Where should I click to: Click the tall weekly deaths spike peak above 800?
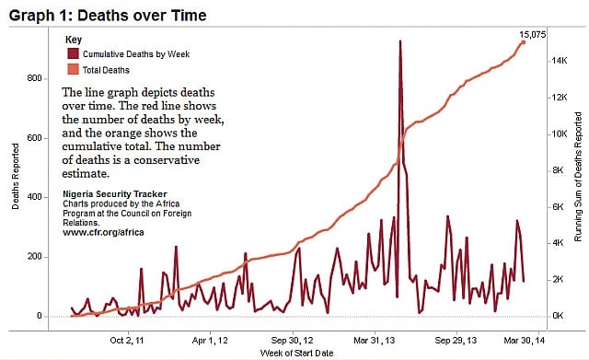(x=400, y=41)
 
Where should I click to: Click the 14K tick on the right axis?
(x=559, y=61)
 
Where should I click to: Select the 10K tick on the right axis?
(x=559, y=134)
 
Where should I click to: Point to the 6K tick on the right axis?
(x=557, y=206)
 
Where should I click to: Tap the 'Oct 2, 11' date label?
(x=128, y=337)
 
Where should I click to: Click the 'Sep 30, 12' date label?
(x=292, y=337)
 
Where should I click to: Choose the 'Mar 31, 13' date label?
(x=373, y=337)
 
